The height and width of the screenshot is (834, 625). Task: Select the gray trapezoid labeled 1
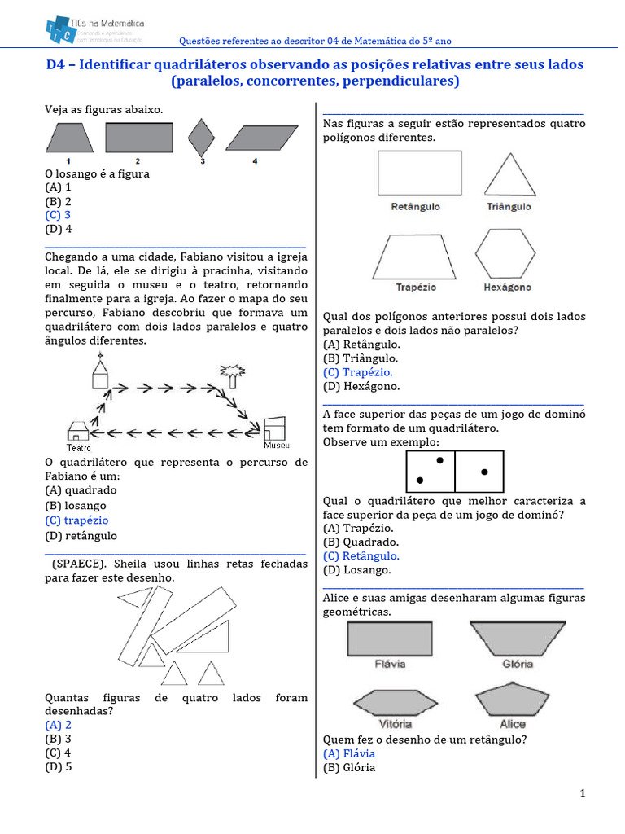69,137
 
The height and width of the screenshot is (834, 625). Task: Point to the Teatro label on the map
78,447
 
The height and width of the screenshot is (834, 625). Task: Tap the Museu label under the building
275,446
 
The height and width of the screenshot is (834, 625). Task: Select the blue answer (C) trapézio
76,520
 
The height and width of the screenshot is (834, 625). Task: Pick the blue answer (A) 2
59,724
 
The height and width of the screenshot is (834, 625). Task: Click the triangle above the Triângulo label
509,175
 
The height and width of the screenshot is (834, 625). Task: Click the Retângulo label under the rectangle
415,207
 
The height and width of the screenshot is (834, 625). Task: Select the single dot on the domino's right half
484,472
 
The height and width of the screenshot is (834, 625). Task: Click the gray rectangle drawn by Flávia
390,637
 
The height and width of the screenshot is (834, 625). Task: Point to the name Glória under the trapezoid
518,664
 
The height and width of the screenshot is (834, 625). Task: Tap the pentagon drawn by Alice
513,701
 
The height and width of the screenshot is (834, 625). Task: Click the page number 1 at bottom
583,793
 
